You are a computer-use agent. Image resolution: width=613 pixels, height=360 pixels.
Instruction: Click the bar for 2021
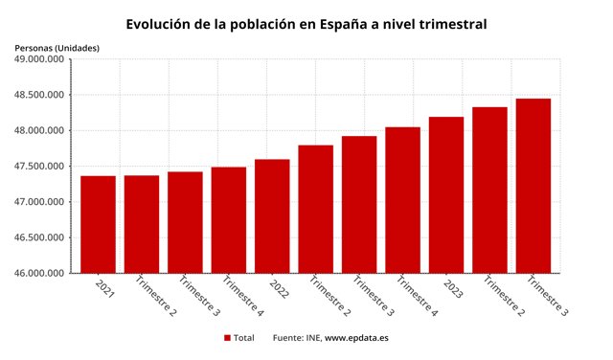98,224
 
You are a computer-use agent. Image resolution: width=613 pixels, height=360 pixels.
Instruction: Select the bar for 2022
272,215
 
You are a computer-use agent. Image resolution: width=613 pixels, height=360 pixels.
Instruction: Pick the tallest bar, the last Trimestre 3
534,186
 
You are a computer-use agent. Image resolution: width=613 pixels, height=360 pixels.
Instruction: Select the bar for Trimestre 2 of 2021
141,224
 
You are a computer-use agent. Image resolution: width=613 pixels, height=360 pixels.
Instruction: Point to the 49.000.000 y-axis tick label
39,59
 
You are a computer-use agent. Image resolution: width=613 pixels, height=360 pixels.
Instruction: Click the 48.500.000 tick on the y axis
39,95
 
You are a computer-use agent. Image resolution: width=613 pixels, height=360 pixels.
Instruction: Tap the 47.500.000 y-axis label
39,167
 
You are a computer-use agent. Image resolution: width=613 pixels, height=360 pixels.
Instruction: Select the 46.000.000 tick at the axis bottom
39,274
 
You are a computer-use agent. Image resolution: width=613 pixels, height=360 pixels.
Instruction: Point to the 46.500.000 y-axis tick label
39,238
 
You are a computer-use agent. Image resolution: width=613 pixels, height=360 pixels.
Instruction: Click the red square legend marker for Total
228,338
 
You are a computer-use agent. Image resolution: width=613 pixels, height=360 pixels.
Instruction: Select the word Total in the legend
244,338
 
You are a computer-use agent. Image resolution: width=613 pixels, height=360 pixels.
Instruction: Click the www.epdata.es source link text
356,338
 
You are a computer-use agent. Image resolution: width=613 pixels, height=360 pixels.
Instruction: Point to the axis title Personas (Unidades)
57,47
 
